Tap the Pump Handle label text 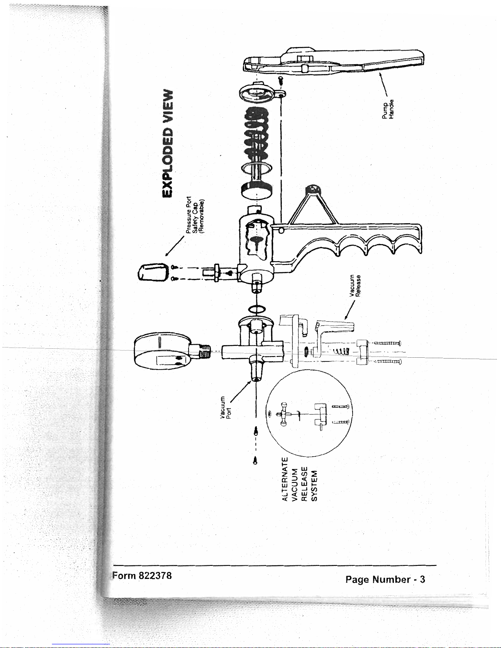(x=388, y=109)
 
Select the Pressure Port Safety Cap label (x=195, y=215)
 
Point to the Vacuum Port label (x=226, y=408)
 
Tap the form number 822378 (x=155, y=575)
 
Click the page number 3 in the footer (x=422, y=579)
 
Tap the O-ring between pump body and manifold (x=257, y=309)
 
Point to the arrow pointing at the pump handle (x=383, y=84)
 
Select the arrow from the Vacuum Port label (x=240, y=392)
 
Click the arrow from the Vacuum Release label (x=350, y=310)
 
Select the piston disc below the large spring (x=256, y=191)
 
